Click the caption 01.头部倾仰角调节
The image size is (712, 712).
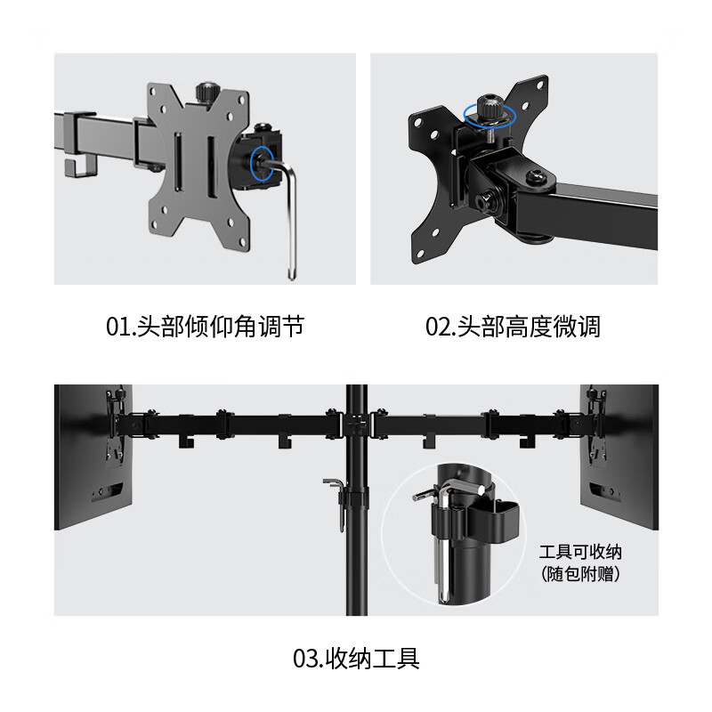click(x=205, y=328)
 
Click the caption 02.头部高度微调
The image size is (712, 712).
click(x=513, y=328)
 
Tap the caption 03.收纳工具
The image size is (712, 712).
click(x=356, y=659)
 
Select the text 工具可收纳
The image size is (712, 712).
click(x=580, y=552)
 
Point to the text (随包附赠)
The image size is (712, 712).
click(x=580, y=574)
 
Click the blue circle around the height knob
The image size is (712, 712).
click(x=487, y=114)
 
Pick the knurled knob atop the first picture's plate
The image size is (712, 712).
click(x=203, y=92)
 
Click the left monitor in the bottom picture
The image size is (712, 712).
click(x=93, y=456)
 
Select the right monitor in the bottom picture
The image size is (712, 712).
click(x=619, y=456)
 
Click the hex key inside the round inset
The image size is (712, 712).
click(x=441, y=534)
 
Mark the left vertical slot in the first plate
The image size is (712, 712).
click(x=180, y=160)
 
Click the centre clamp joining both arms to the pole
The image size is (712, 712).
click(x=357, y=422)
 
